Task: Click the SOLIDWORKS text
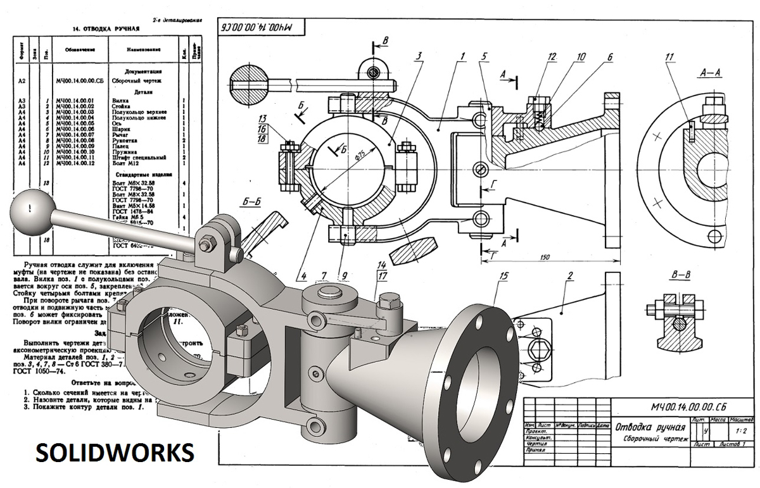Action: point(114,452)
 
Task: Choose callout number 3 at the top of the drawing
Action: point(419,56)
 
